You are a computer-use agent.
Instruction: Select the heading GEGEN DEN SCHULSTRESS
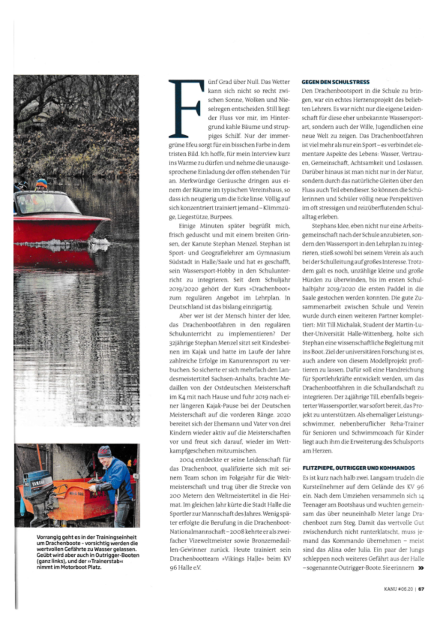[x=335, y=82]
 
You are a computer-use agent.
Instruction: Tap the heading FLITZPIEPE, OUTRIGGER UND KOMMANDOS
[x=359, y=468]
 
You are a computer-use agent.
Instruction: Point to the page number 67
[x=421, y=589]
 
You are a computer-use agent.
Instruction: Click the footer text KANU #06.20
[x=398, y=589]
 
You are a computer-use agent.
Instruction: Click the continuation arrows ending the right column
[x=421, y=568]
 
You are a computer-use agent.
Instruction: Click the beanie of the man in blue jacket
[x=104, y=452]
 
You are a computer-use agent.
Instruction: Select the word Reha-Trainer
[x=407, y=424]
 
